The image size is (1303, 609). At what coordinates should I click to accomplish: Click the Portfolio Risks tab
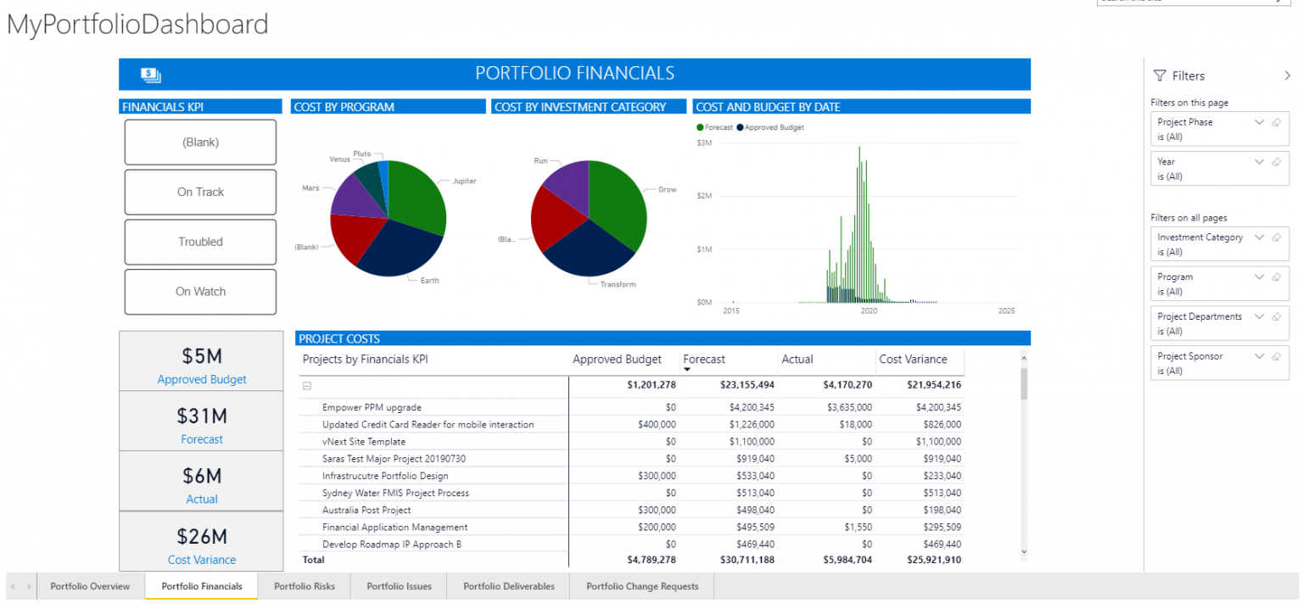click(x=305, y=586)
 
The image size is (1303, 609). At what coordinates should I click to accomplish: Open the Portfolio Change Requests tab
click(x=642, y=586)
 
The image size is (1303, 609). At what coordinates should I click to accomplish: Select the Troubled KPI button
click(x=200, y=242)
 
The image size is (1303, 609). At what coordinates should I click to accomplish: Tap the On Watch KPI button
click(x=200, y=292)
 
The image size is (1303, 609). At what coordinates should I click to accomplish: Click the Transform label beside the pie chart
click(x=618, y=284)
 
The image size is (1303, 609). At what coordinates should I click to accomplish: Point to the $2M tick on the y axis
click(x=703, y=196)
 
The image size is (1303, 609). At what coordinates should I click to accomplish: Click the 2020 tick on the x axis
click(x=869, y=311)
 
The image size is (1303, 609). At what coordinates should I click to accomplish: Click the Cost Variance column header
click(x=913, y=360)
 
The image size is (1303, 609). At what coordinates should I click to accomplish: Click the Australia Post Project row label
click(x=366, y=510)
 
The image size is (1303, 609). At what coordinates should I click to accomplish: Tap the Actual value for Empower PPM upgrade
click(x=849, y=408)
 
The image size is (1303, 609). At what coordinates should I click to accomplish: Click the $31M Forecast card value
click(x=202, y=416)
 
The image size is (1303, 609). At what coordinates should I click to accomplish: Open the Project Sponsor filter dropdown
click(x=1259, y=356)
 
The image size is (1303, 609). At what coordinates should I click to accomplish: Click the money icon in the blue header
click(x=151, y=75)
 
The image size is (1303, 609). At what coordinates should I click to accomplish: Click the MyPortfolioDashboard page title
click(x=137, y=25)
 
